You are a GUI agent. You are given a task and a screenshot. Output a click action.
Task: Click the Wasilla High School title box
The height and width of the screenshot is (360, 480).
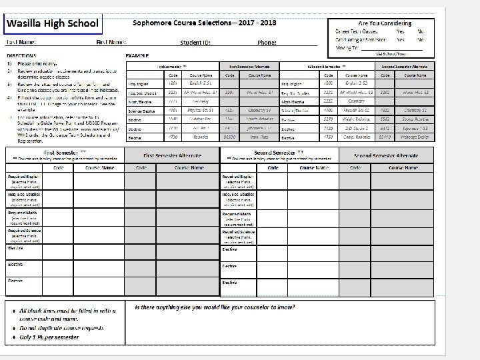(x=53, y=23)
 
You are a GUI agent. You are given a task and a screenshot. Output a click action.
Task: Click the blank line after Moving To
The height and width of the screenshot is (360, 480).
(x=393, y=49)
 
